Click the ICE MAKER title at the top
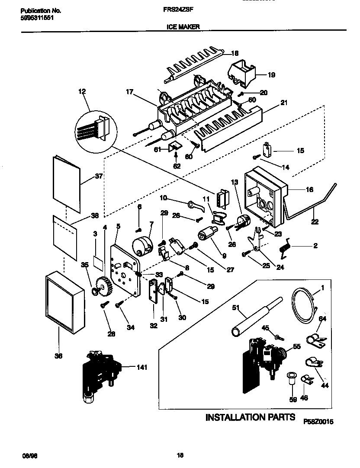183,26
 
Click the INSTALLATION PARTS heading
250,417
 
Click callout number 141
141,368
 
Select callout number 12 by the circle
82,91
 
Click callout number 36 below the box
58,356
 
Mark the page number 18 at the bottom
180,455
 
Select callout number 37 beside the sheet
100,177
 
